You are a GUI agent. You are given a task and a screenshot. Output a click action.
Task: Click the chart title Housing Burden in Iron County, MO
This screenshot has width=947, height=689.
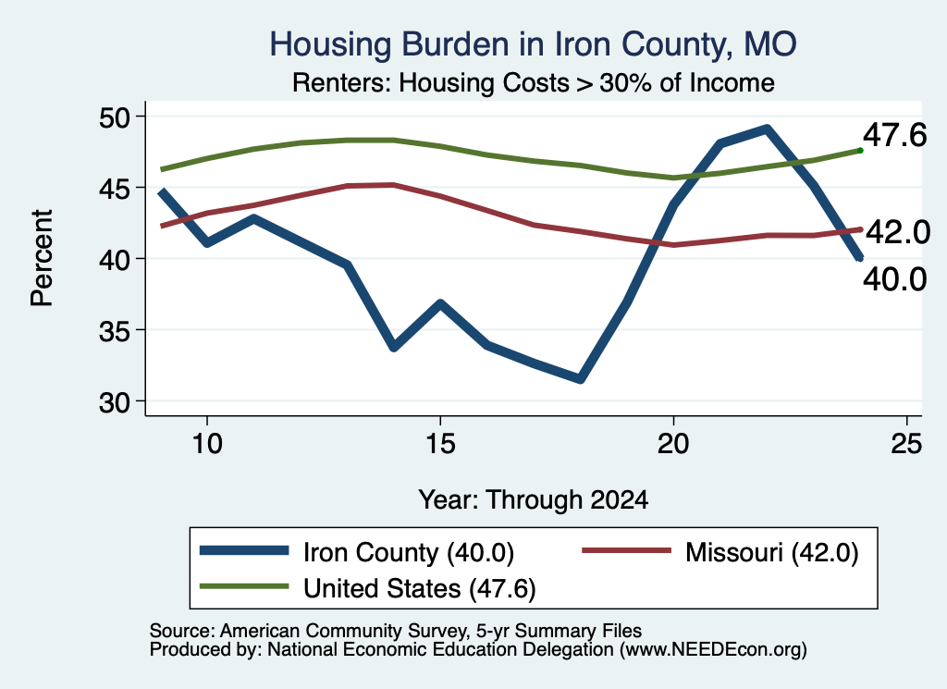tap(534, 44)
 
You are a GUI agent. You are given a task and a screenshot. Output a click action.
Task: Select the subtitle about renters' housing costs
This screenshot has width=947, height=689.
tap(534, 82)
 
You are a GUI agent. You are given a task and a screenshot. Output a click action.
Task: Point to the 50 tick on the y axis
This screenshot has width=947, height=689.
tap(114, 117)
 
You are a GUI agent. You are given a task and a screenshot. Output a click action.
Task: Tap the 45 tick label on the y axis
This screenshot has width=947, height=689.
tap(114, 189)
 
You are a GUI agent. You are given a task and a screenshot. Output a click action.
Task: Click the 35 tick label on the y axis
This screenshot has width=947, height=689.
tap(114, 331)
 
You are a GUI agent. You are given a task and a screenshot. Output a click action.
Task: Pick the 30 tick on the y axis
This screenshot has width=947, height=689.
tap(114, 402)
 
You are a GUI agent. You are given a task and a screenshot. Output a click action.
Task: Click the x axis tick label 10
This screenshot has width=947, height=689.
tap(207, 444)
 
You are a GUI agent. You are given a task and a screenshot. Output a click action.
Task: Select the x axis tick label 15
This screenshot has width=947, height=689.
tap(440, 444)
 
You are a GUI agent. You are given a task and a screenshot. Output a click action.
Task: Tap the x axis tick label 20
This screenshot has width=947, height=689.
tap(673, 444)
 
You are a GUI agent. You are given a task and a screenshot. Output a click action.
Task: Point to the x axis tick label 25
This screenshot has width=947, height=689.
tap(906, 444)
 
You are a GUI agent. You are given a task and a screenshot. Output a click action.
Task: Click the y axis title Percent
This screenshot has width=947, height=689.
tap(43, 258)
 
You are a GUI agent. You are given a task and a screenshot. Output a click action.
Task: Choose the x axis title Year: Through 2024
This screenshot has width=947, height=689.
tap(534, 500)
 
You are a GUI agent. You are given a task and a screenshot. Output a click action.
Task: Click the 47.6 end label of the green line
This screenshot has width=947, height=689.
tap(894, 134)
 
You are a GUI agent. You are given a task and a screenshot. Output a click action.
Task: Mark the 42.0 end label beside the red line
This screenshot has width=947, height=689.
tap(898, 232)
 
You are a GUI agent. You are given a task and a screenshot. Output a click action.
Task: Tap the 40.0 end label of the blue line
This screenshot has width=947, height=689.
tap(894, 279)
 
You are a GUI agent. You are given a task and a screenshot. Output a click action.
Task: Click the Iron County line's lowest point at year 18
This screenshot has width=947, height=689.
tap(580, 378)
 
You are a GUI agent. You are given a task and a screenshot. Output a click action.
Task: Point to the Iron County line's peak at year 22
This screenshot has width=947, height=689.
tap(767, 129)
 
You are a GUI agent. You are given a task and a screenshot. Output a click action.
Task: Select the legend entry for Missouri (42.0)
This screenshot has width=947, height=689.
tap(719, 552)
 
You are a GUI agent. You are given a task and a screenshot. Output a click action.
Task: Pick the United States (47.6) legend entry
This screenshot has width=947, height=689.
tap(368, 587)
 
